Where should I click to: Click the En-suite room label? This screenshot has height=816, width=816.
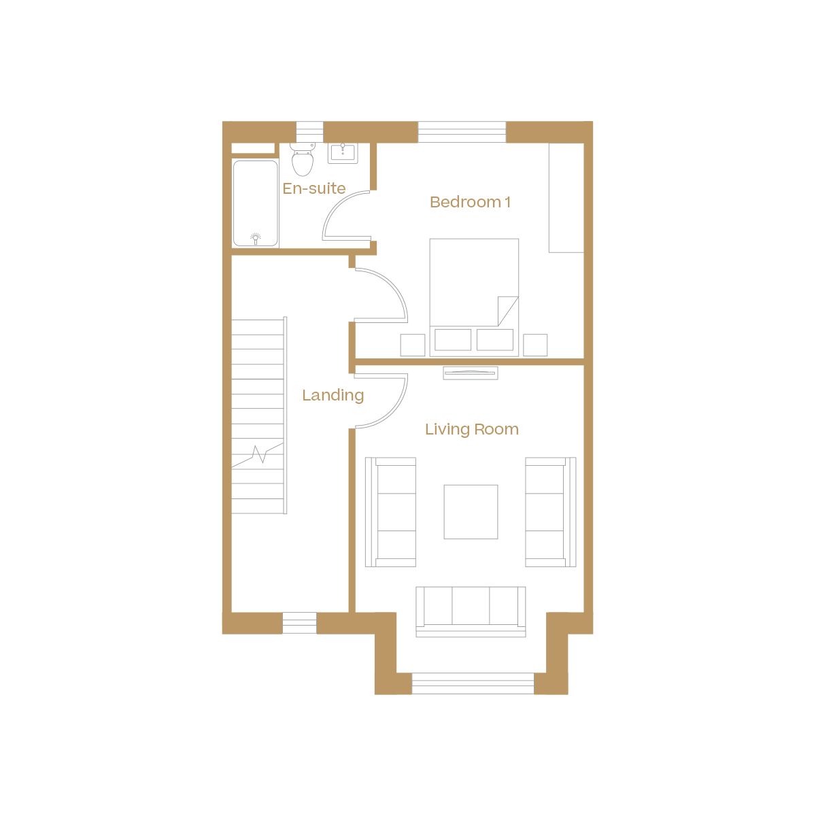click(314, 188)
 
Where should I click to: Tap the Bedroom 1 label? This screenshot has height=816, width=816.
click(470, 202)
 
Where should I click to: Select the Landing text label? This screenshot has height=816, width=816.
click(333, 395)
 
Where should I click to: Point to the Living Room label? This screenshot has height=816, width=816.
click(471, 429)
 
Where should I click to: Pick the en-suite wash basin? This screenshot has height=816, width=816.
click(343, 152)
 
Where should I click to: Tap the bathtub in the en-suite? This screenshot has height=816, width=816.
click(256, 203)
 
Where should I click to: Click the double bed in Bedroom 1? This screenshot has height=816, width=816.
click(474, 296)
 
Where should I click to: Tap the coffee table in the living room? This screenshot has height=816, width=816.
click(471, 511)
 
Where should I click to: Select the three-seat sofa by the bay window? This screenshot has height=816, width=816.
click(471, 611)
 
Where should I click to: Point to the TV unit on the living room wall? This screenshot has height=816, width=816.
click(471, 373)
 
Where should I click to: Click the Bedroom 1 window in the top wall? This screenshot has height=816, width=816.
click(462, 132)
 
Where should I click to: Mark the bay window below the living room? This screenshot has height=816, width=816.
click(473, 683)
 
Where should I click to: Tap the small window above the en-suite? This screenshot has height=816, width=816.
click(309, 131)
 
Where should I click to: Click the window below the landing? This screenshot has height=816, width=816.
click(299, 623)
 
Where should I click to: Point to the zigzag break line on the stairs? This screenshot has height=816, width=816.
click(259, 454)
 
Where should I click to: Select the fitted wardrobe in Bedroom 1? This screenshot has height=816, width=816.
click(566, 197)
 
